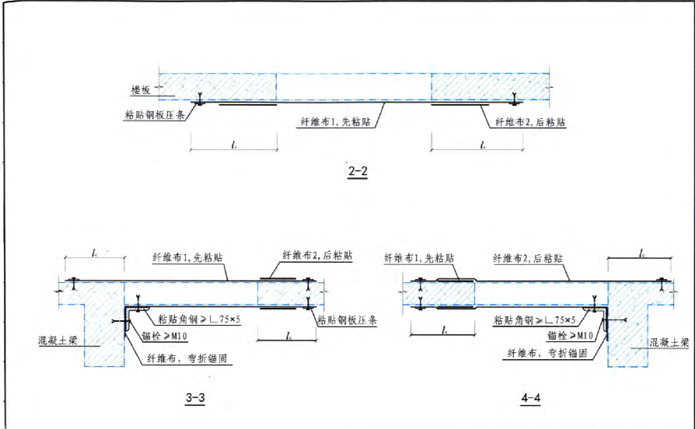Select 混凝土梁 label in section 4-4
[662, 342]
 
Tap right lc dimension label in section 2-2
[484, 144]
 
